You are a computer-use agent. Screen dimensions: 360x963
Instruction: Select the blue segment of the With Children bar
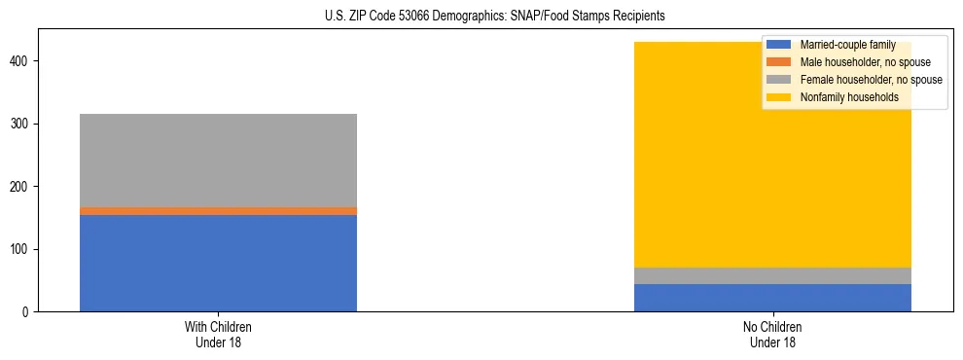(218, 263)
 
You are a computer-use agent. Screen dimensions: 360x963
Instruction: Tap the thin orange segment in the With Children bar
(218, 210)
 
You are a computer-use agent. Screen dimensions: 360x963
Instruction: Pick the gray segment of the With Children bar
(218, 161)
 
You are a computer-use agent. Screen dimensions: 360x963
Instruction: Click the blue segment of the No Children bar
(772, 298)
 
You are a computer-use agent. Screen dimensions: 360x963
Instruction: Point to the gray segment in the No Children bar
(772, 275)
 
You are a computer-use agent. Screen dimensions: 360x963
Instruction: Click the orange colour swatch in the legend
(779, 62)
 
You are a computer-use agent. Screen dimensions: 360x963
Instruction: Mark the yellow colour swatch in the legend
(779, 97)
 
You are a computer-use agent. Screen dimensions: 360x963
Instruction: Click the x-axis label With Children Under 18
(218, 334)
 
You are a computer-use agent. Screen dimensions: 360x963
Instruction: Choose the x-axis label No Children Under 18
(772, 334)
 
